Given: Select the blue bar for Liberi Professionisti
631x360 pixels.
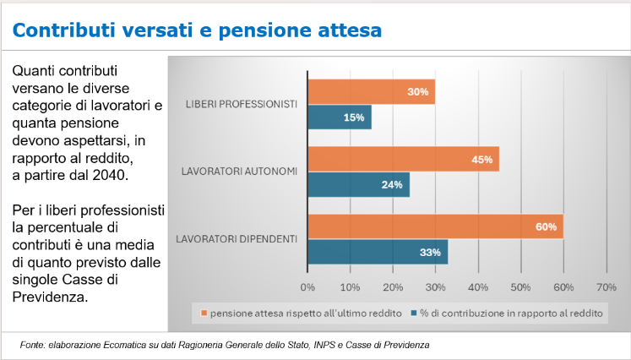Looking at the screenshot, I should coord(339,117).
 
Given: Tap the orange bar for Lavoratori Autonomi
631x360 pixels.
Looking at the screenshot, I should coord(402,159).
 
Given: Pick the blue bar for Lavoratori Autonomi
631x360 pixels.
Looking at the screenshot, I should coord(358,184).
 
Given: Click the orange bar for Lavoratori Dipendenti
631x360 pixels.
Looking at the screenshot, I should coord(434,226).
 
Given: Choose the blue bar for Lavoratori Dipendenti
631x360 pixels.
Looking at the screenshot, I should coord(377,252).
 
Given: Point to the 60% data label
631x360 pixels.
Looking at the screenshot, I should coord(545,226).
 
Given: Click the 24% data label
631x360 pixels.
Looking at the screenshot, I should coord(391,184).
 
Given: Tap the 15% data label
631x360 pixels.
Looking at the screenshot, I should coord(354,117).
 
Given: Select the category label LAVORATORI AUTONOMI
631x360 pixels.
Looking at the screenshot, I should coord(239,172).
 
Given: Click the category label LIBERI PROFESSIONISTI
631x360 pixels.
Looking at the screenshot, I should coord(241,104).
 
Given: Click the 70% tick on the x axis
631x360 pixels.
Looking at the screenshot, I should coord(606,286).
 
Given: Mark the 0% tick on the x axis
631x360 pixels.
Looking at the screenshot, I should coord(308,286).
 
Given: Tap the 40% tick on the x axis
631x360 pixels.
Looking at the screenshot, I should coord(478,286).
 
